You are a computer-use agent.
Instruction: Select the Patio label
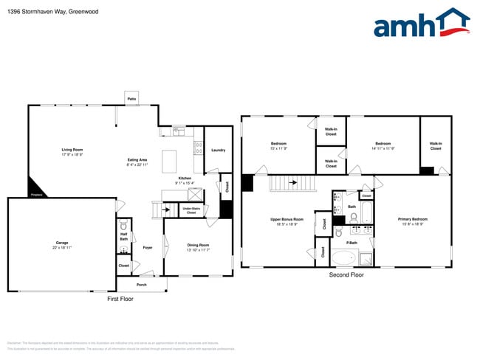[132, 98]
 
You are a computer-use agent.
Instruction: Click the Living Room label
[72, 150]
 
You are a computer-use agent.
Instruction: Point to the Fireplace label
[36, 195]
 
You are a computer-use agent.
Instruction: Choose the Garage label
[62, 242]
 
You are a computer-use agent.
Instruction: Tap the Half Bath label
[124, 238]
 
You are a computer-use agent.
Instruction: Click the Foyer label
[148, 247]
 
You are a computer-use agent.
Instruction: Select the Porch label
[141, 283]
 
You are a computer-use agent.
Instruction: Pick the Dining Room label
[198, 245]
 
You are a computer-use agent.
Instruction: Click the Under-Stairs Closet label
[191, 210]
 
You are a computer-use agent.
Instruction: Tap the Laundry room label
[218, 150]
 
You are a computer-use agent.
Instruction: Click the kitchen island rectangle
[170, 159]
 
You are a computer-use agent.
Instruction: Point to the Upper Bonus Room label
[287, 219]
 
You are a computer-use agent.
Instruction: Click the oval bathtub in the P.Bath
[343, 258]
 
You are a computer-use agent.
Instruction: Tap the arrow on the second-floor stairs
[293, 181]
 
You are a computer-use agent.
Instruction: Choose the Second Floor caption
[346, 274]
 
